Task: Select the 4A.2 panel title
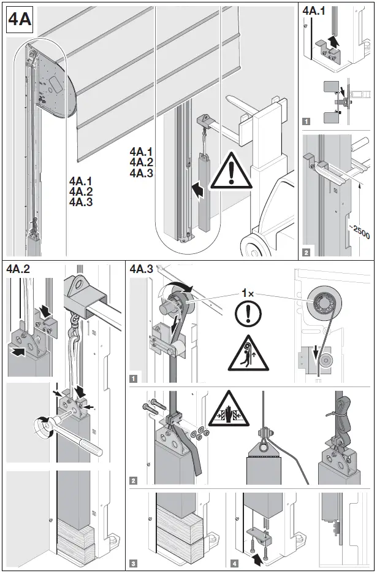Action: click(18, 269)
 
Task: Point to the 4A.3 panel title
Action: click(142, 269)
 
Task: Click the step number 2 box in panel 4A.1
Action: click(307, 250)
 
